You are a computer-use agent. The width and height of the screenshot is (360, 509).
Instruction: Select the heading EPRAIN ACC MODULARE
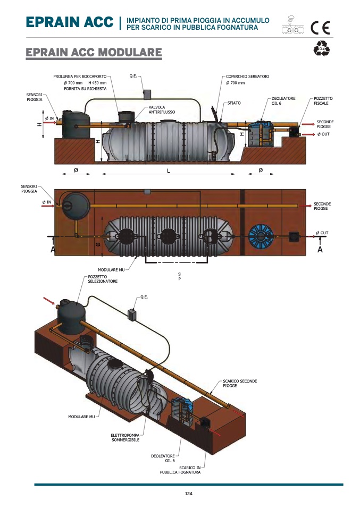point(94,53)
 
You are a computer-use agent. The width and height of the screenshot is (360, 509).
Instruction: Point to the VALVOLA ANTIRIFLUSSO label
point(161,110)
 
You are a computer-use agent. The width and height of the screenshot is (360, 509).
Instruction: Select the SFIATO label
point(234,103)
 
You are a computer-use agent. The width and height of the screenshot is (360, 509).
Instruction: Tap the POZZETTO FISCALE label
point(323,100)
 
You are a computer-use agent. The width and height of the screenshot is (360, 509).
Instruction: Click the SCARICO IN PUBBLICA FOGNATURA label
point(180,470)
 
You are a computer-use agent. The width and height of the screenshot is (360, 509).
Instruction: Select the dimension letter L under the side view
point(168,170)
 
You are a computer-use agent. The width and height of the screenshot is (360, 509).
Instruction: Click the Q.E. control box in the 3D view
point(132,314)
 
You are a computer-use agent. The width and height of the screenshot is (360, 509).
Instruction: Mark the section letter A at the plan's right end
point(320,250)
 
